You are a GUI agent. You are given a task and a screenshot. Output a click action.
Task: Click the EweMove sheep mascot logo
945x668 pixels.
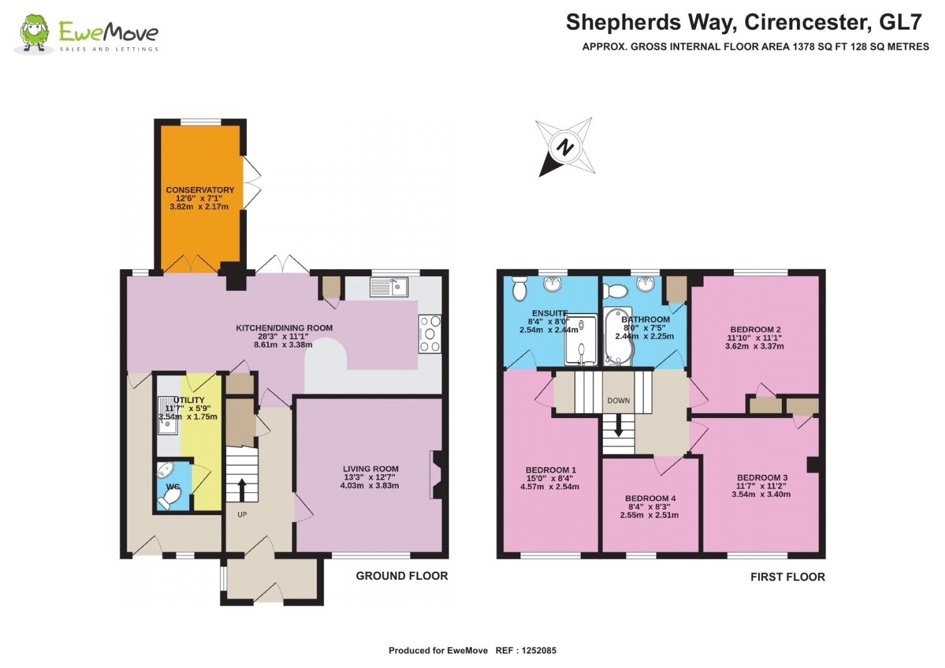[35, 34]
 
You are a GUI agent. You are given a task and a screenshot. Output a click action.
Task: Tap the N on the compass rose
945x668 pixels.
[565, 147]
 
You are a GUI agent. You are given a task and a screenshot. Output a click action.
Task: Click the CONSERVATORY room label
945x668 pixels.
[200, 190]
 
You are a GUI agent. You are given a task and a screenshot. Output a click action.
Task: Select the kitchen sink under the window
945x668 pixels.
[389, 286]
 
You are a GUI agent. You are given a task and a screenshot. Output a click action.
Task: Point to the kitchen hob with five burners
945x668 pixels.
[430, 334]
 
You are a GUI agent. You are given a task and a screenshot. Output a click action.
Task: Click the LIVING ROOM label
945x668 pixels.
[370, 468]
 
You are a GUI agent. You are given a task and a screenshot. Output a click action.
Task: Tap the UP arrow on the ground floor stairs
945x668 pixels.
[242, 490]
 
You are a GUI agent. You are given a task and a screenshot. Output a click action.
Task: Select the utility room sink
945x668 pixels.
[168, 416]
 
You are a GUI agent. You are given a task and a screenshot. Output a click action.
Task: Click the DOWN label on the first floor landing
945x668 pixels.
[619, 400]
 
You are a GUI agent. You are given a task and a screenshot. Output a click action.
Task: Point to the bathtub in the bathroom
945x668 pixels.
[617, 336]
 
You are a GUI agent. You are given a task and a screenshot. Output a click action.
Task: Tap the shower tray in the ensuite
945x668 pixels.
[581, 339]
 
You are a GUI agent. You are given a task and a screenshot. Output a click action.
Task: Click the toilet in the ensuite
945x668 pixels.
[520, 288]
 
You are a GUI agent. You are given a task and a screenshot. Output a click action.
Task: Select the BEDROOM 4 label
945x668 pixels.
[650, 499]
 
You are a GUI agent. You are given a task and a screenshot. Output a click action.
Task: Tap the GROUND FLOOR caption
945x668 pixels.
[402, 575]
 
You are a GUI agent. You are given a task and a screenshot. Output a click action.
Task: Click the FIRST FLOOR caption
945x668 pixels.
[787, 577]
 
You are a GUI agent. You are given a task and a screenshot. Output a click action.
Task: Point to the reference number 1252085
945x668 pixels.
[539, 650]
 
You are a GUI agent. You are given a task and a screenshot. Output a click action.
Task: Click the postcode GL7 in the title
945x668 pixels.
[901, 22]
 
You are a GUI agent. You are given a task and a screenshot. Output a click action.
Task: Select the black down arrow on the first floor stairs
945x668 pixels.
[619, 426]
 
